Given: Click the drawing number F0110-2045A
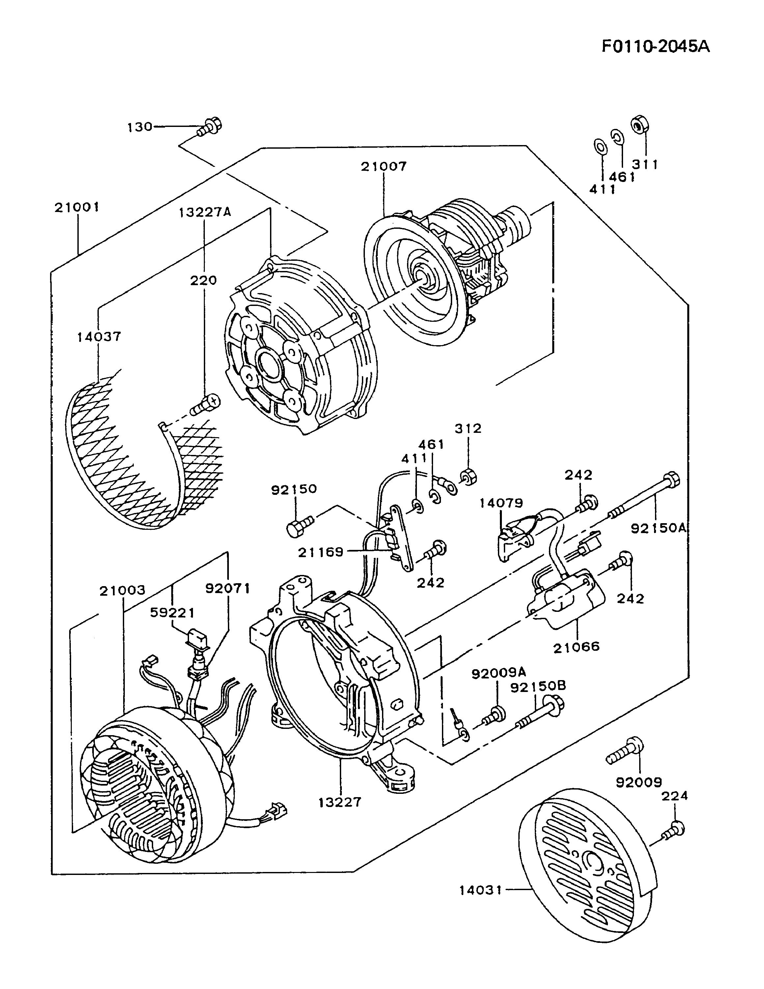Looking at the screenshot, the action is (x=655, y=46).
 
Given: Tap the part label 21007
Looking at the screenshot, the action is (x=384, y=166).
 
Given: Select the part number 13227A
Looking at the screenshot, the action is (x=205, y=212).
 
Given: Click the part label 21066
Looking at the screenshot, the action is (x=577, y=646).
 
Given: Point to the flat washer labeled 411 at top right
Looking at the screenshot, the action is (x=600, y=146).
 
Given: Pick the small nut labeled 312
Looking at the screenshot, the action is (x=467, y=477).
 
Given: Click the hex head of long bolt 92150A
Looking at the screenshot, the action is (x=671, y=480).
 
